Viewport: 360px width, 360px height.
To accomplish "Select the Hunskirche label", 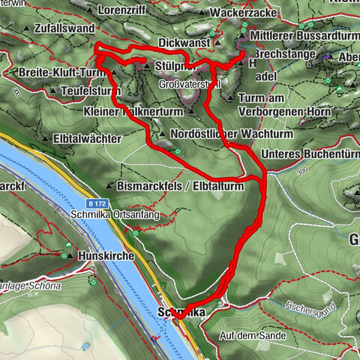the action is [106, 256].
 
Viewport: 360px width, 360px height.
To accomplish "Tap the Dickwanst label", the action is [183, 43].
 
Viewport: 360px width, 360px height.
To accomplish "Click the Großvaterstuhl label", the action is [187, 85].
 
